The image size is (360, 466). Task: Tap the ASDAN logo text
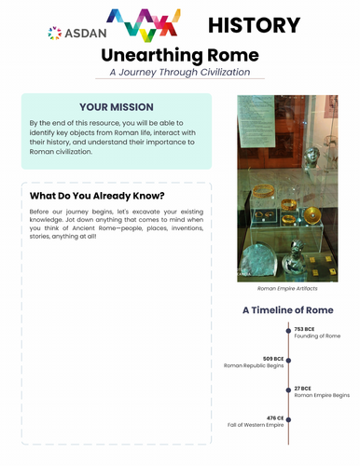click(73, 33)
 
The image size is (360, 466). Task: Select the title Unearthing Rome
click(180, 56)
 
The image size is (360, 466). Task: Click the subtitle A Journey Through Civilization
click(180, 73)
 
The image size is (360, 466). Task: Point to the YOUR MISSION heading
click(117, 107)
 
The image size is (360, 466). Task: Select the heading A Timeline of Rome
click(288, 310)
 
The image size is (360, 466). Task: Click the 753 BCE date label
click(305, 329)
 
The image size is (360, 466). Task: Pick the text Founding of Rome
click(317, 336)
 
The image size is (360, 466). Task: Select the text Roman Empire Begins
click(322, 396)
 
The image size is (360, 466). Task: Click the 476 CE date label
click(272, 418)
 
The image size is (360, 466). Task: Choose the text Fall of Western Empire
click(255, 426)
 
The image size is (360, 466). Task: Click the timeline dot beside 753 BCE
click(288, 331)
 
